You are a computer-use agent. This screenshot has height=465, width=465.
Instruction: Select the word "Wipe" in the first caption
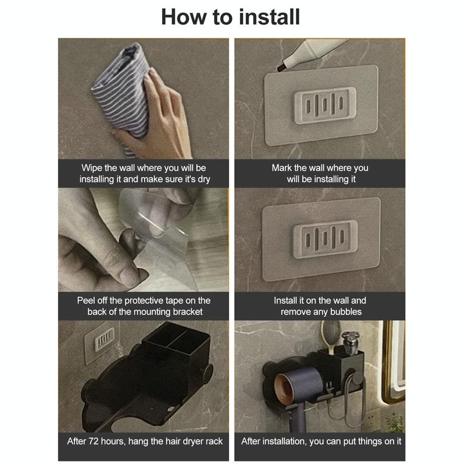pyautogui.click(x=92, y=168)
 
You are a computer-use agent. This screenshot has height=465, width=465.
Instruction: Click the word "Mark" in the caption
pyautogui.click(x=282, y=168)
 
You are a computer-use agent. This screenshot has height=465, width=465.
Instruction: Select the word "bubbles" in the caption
pyautogui.click(x=346, y=312)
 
